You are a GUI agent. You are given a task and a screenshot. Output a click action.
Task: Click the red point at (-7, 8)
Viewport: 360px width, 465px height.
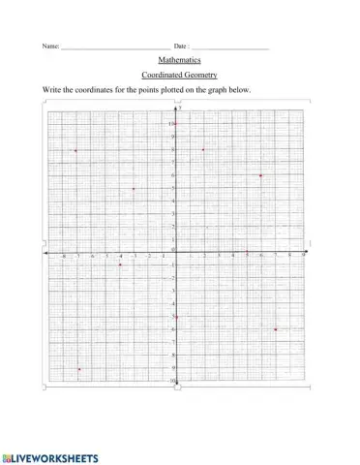click(75, 150)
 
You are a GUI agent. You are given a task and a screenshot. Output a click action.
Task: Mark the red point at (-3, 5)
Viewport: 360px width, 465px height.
click(133, 189)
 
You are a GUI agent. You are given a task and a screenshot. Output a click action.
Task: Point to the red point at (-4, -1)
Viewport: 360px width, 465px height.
click(119, 264)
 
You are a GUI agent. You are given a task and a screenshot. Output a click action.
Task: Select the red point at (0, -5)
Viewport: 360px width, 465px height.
click(176, 317)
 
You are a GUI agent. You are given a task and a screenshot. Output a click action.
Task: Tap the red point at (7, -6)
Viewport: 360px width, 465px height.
click(276, 329)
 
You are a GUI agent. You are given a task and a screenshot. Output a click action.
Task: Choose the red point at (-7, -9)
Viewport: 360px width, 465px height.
click(78, 369)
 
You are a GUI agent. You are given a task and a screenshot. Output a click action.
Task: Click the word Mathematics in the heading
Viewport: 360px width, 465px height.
click(179, 59)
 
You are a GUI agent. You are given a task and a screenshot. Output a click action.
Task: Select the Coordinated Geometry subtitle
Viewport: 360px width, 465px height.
click(179, 75)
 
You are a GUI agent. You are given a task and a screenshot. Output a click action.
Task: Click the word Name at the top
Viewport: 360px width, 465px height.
click(49, 46)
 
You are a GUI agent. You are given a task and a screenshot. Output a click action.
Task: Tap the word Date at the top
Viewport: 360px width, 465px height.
click(180, 46)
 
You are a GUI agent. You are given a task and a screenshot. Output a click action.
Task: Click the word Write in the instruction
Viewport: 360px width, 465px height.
click(51, 90)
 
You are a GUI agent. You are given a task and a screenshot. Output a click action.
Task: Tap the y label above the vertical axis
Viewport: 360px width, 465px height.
click(180, 108)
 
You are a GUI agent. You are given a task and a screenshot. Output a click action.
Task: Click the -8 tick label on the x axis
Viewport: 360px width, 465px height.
click(64, 258)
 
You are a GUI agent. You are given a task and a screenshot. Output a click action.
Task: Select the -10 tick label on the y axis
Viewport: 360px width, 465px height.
click(172, 382)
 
